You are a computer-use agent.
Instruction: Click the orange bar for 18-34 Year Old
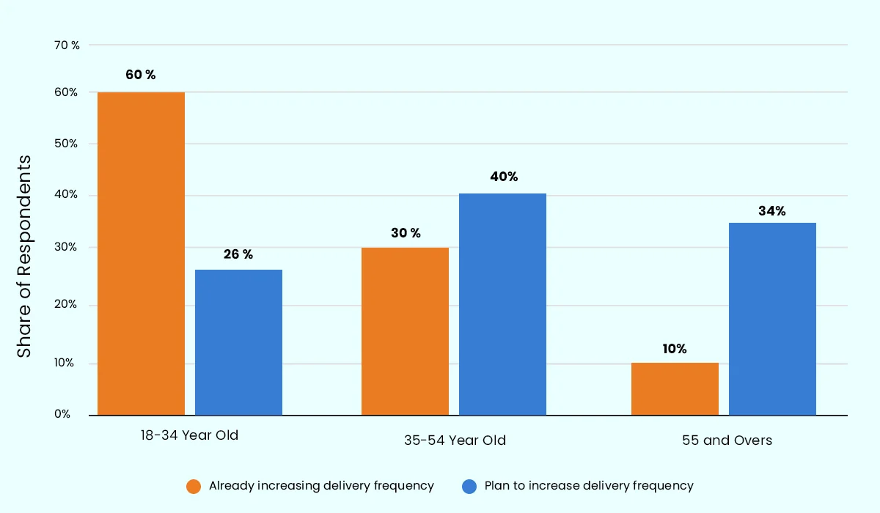(141, 254)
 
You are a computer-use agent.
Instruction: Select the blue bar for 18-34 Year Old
(238, 342)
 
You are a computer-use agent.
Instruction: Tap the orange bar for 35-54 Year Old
(405, 331)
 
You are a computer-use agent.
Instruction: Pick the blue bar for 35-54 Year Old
(502, 304)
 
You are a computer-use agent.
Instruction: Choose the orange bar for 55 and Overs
(675, 388)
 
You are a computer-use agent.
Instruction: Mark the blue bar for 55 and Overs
(772, 319)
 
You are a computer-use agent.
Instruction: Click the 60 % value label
(141, 75)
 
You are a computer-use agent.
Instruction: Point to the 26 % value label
(238, 254)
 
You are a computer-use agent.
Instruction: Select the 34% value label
(771, 211)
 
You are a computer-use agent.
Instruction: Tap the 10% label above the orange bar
(674, 349)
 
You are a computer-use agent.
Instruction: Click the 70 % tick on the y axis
(67, 45)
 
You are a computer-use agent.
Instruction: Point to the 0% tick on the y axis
(62, 414)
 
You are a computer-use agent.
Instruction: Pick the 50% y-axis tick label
(65, 144)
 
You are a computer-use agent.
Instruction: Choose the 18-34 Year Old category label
(190, 435)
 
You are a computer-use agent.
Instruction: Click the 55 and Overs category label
(727, 440)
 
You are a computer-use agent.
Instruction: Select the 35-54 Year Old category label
(455, 440)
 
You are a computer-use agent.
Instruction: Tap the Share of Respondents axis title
(25, 256)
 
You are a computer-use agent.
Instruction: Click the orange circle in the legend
(194, 486)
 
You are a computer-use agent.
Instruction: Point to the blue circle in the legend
(469, 486)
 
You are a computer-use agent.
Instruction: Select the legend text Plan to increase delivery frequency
(589, 485)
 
